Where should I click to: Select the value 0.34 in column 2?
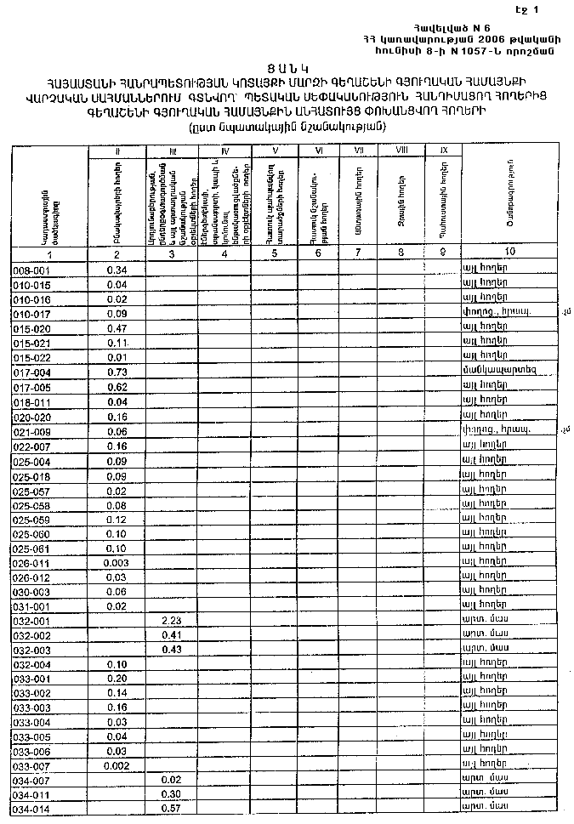tap(117, 270)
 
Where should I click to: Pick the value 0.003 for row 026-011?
tap(117, 563)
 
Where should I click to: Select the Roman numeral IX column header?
tap(443, 151)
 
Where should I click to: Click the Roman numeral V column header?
tap(276, 151)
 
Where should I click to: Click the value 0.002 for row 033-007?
tap(117, 765)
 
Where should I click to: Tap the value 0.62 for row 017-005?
tap(117, 386)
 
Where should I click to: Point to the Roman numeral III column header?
tap(172, 151)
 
